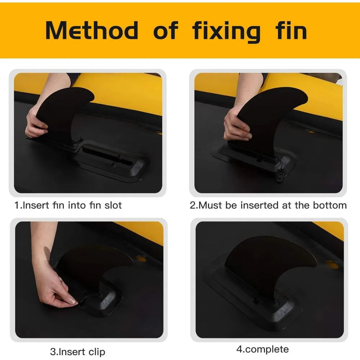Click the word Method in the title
coord(92,30)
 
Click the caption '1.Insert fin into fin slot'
coord(68,205)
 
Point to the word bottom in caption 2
coord(330,205)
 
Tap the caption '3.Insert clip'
coord(78,352)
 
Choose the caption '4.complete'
coord(262,350)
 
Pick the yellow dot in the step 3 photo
coord(141,259)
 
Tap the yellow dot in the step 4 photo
coord(332,265)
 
